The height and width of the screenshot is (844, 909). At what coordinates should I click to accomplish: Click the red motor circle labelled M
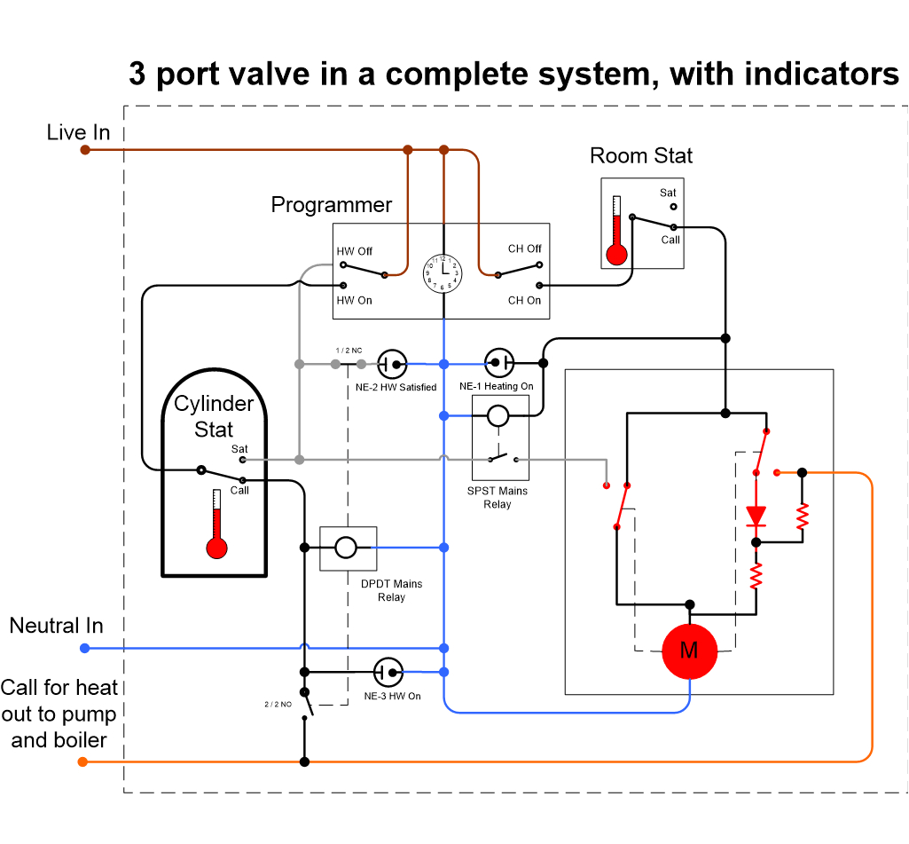pyautogui.click(x=689, y=651)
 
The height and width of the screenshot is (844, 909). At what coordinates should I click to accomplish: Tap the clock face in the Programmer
pyautogui.click(x=443, y=272)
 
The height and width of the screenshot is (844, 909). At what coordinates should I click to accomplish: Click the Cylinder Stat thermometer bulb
pyautogui.click(x=216, y=548)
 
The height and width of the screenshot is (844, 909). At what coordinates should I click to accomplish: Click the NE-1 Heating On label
pyautogui.click(x=497, y=387)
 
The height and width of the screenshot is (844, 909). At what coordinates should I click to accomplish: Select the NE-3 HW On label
pyautogui.click(x=392, y=696)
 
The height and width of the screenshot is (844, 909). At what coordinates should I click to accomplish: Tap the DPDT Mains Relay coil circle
pyautogui.click(x=346, y=548)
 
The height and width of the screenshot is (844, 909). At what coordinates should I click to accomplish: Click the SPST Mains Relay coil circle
pyautogui.click(x=498, y=414)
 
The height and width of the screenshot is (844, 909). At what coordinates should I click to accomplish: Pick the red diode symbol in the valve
pyautogui.click(x=756, y=515)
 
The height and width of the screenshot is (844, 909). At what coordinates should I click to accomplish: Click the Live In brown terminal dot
pyautogui.click(x=85, y=150)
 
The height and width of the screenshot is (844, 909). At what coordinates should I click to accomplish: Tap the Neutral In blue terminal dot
pyautogui.click(x=85, y=648)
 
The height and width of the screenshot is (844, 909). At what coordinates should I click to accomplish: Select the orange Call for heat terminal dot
pyautogui.click(x=82, y=761)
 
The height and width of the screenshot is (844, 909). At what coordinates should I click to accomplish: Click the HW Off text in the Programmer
pyautogui.click(x=355, y=251)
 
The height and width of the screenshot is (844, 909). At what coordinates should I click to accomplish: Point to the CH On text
pyautogui.click(x=524, y=301)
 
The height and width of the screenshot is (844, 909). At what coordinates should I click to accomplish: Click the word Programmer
pyautogui.click(x=331, y=205)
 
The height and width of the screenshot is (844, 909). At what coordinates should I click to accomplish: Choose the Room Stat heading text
pyautogui.click(x=641, y=156)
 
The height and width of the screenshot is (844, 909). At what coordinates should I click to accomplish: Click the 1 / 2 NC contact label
pyautogui.click(x=349, y=351)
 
